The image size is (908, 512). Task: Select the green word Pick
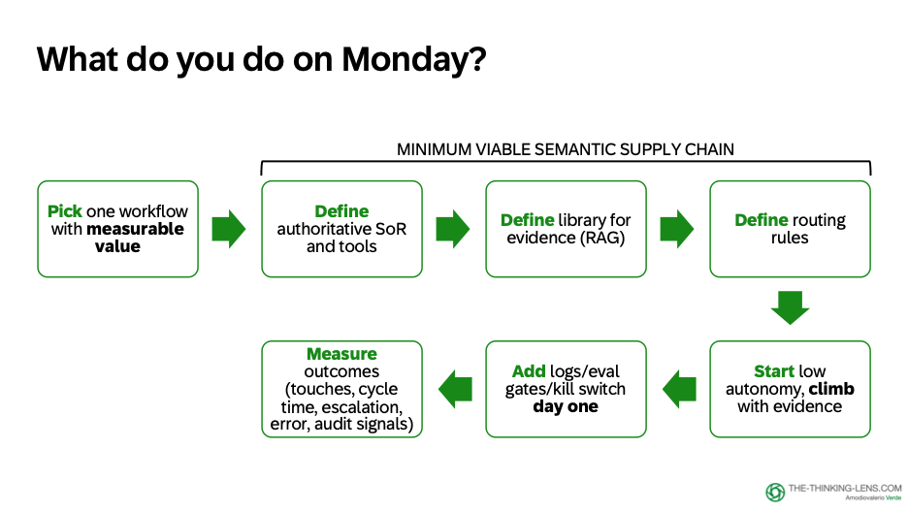pos(64,211)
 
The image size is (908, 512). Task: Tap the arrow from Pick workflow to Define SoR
pos(229,229)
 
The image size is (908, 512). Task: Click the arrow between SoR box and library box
pos(453,229)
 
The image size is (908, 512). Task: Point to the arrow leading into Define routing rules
pos(677,229)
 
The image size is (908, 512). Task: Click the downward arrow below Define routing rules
pos(790,305)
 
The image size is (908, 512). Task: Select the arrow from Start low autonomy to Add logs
pos(678,390)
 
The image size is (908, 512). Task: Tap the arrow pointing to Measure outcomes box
pos(455,390)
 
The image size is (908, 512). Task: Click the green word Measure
pos(341,354)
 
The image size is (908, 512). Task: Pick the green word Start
pos(774,371)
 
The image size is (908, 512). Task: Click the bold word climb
pos(831,389)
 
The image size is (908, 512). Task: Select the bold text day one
pos(566,406)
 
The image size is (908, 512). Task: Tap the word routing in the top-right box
pos(819,220)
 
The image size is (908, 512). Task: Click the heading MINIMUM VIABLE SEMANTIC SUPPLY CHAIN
pos(566,149)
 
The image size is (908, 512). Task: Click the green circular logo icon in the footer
pos(775,493)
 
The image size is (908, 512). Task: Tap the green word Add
pos(530,371)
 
